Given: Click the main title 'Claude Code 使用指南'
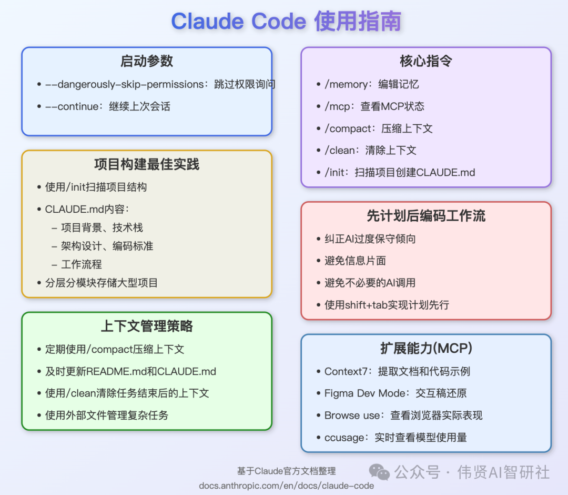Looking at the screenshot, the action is click(x=286, y=21).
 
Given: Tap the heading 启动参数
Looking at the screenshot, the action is click(x=147, y=61).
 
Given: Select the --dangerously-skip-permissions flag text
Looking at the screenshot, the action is click(x=124, y=84).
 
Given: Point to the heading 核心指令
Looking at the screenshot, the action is click(x=426, y=61).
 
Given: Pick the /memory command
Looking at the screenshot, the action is click(x=346, y=84).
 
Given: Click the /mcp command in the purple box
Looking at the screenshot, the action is click(x=337, y=106).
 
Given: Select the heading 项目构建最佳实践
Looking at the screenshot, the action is click(x=147, y=164).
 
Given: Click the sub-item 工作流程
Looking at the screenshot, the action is click(x=82, y=264).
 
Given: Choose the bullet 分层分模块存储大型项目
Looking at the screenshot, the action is click(x=102, y=283).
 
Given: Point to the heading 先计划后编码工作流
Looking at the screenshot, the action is click(x=426, y=216).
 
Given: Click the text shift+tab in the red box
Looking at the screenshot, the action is click(x=366, y=305).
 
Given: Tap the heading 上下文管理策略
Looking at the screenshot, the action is click(x=147, y=326).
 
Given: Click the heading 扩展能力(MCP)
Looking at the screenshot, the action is click(x=426, y=348).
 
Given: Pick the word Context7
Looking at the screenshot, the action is click(x=346, y=371).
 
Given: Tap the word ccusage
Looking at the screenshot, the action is click(x=344, y=438).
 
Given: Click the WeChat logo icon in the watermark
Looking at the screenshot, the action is click(x=379, y=472).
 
